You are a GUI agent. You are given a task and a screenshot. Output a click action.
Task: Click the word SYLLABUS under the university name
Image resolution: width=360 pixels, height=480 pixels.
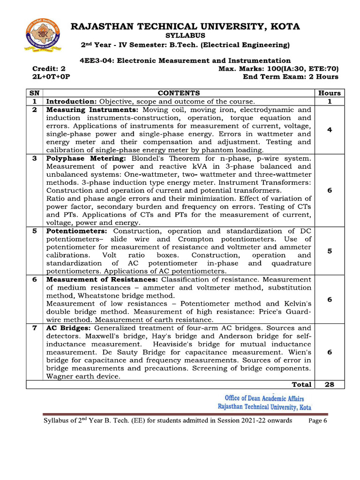coord(185,35)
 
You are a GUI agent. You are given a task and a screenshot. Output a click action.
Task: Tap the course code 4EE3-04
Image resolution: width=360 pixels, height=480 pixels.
coord(96,60)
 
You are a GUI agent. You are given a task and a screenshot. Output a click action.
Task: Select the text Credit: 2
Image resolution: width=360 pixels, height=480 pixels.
coord(45,68)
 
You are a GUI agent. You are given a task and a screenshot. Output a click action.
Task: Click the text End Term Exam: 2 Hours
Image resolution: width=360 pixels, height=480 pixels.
coord(290,76)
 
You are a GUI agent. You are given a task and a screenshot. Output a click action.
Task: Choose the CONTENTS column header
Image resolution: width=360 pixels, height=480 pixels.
coord(179,93)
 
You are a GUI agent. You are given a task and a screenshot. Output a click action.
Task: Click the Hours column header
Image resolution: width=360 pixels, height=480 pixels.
coord(330,93)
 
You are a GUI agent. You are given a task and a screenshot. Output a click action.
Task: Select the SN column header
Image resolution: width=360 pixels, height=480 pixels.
coord(34,93)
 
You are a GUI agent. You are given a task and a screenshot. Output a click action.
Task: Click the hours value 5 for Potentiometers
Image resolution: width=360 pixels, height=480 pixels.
coord(330,251)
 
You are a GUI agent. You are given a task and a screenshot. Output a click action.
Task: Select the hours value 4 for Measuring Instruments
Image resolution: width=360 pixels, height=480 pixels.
coord(330,130)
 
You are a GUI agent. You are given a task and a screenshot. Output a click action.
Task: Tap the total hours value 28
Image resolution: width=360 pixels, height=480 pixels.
coord(330,384)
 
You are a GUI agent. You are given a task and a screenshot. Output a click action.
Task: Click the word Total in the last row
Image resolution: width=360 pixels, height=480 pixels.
coord(301,384)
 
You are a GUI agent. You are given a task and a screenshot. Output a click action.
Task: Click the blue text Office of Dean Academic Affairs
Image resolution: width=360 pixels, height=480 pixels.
coord(264,398)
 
